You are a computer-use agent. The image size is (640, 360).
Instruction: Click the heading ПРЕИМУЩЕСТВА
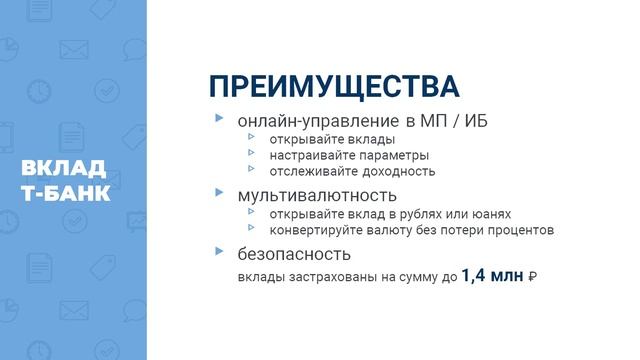click(x=321, y=84)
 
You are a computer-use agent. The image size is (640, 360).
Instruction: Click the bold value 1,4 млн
click(x=492, y=275)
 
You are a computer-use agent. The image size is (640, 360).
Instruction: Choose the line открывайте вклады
click(x=332, y=140)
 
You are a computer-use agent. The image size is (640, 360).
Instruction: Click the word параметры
click(x=392, y=155)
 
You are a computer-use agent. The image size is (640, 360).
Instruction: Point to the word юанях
click(x=490, y=214)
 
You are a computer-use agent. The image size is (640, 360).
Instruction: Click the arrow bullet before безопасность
click(x=219, y=251)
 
